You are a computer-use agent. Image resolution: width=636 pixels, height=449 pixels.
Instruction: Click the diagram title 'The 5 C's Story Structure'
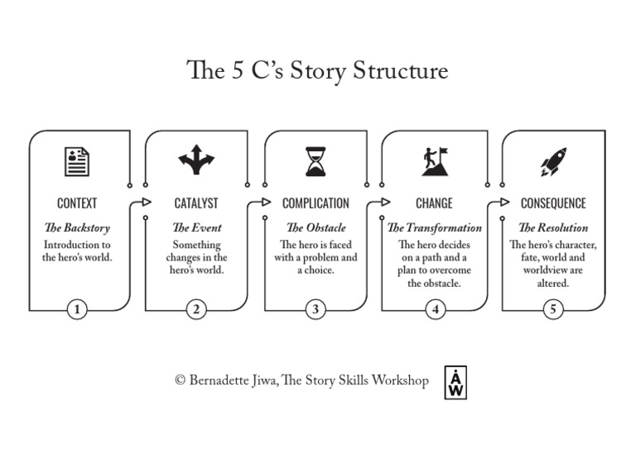click(x=318, y=70)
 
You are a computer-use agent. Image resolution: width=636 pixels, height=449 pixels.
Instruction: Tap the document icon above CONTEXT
click(x=77, y=160)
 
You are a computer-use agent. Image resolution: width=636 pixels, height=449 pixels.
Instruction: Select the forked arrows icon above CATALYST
click(x=196, y=160)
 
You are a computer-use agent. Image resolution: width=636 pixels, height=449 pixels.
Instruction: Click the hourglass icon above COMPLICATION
click(x=316, y=161)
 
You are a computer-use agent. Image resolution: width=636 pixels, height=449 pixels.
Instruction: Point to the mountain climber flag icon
click(x=434, y=160)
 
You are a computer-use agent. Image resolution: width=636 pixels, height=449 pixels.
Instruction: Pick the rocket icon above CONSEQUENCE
click(x=552, y=161)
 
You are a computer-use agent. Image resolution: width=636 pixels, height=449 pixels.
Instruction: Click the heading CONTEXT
click(x=77, y=203)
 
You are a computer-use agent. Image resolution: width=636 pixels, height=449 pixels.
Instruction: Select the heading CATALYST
click(x=196, y=203)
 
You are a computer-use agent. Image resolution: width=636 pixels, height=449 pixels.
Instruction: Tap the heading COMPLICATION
click(x=316, y=203)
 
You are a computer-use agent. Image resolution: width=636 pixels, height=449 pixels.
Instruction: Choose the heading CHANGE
click(x=434, y=203)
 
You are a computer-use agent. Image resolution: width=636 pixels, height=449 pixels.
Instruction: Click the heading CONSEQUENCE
click(x=552, y=203)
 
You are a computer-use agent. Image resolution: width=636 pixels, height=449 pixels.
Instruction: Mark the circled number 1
click(x=77, y=310)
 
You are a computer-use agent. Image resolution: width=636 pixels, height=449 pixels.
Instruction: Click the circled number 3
click(x=316, y=310)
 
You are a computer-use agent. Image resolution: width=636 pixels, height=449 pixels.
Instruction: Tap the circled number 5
click(x=553, y=310)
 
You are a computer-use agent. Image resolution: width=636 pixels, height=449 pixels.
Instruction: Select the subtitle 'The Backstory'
click(x=77, y=227)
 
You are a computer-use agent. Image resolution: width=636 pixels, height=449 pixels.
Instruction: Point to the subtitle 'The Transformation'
click(x=434, y=227)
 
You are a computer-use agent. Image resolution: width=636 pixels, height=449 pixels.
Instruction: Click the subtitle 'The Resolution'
click(x=552, y=227)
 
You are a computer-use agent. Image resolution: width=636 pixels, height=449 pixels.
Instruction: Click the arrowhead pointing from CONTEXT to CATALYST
click(x=147, y=202)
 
